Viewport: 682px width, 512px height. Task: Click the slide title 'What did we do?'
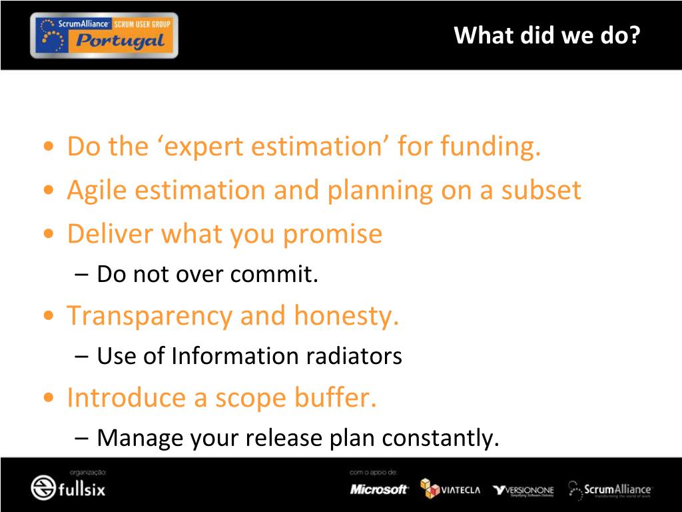click(547, 35)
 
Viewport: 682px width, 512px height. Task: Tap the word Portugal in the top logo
click(120, 41)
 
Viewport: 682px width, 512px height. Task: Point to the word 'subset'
click(541, 190)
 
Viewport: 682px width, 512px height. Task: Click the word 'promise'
click(333, 235)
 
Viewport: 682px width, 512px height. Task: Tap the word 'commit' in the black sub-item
click(274, 274)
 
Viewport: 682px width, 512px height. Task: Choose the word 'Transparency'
click(149, 316)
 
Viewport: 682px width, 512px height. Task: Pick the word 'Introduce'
click(126, 397)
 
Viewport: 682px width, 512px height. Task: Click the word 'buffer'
click(335, 397)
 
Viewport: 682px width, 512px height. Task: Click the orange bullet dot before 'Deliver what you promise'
click(49, 234)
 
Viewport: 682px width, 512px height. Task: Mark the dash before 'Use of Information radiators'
click(81, 356)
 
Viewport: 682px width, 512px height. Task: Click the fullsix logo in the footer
click(69, 487)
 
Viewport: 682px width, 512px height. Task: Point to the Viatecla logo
click(450, 489)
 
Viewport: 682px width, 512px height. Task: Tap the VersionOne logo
click(523, 491)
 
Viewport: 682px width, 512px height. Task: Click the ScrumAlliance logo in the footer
click(610, 490)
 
